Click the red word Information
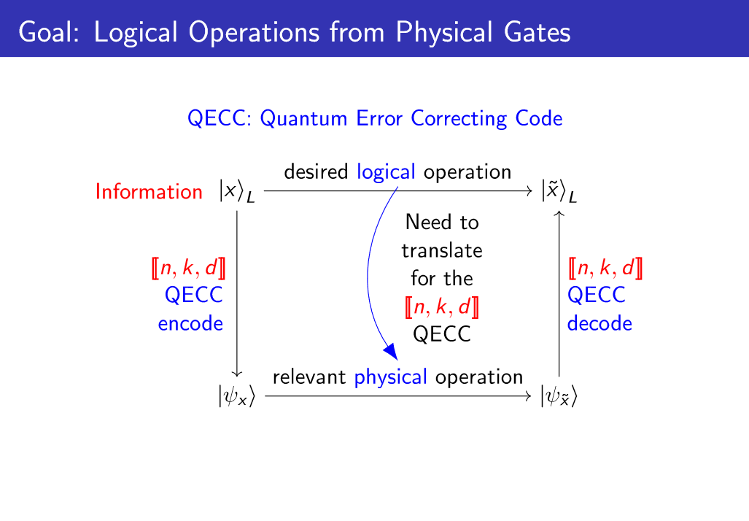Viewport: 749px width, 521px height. tap(149, 192)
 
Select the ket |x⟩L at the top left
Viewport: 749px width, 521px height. tap(237, 192)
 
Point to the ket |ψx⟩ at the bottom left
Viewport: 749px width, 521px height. tap(237, 396)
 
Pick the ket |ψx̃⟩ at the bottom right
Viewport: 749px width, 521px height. tap(559, 396)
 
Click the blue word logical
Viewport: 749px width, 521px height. tap(386, 172)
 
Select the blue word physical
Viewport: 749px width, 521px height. tap(390, 377)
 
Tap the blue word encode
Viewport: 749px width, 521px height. tap(190, 324)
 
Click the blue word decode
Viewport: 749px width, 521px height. tap(599, 323)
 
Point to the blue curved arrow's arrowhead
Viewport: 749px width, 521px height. tap(392, 351)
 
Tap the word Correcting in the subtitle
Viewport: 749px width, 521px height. tap(459, 119)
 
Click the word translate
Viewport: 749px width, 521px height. tap(442, 251)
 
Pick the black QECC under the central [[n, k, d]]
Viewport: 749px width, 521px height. tap(442, 334)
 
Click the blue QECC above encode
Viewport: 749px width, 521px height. tap(193, 296)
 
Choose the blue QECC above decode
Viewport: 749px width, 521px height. tap(596, 296)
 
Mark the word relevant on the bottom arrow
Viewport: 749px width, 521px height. tap(309, 377)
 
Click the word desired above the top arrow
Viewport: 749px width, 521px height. tap(316, 172)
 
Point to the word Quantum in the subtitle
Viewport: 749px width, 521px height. tap(303, 118)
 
